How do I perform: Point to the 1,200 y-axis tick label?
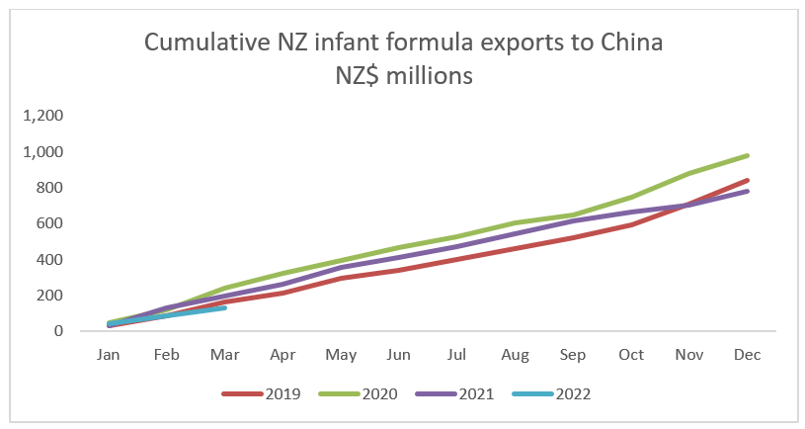[x=42, y=116]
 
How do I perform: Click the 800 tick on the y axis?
[x=50, y=188]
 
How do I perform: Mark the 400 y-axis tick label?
[x=50, y=260]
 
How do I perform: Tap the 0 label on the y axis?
[x=58, y=332]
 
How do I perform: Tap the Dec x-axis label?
[x=747, y=353]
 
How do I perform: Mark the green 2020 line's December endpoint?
[x=748, y=155]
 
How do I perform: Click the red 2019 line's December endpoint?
[x=748, y=180]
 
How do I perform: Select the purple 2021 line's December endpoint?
[x=748, y=191]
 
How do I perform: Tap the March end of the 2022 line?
[x=225, y=307]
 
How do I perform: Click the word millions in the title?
[x=436, y=75]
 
